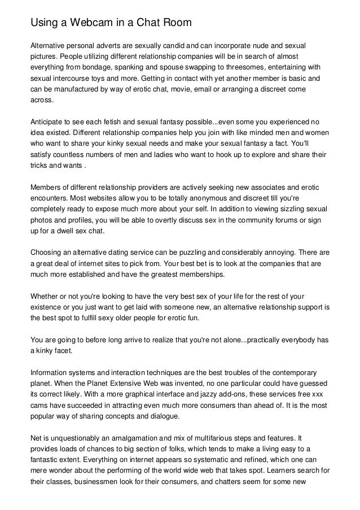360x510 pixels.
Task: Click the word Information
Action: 50,372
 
